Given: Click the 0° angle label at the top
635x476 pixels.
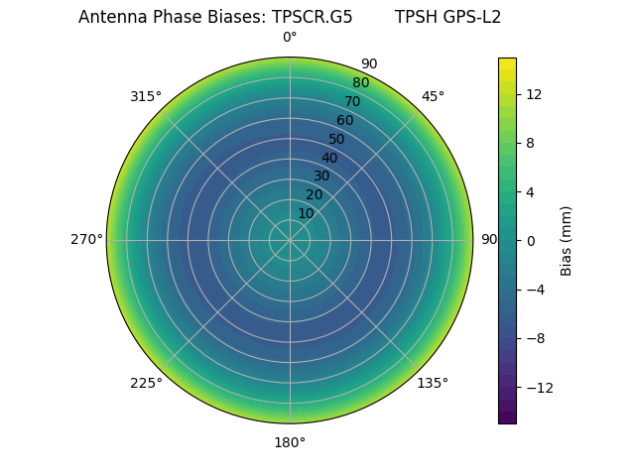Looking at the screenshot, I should (290, 38).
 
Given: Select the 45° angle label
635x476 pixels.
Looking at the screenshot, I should (433, 96).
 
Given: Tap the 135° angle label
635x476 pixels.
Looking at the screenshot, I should (433, 383).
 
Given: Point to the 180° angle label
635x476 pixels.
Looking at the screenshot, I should (290, 442).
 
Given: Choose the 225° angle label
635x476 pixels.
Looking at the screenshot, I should (146, 383).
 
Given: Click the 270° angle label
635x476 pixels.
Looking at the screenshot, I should (86, 240).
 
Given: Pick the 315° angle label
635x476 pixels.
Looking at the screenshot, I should (146, 96).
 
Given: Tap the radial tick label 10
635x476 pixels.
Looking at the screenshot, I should (306, 213).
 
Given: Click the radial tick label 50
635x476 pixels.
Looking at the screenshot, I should (337, 139).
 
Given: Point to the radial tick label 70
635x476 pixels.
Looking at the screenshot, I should (352, 101).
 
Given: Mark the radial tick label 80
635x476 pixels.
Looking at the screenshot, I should (360, 82).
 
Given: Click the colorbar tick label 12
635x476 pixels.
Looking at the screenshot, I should (533, 94).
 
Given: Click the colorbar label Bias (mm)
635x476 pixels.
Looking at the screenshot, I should (567, 241).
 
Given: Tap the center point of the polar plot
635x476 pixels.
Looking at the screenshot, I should (290, 240).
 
